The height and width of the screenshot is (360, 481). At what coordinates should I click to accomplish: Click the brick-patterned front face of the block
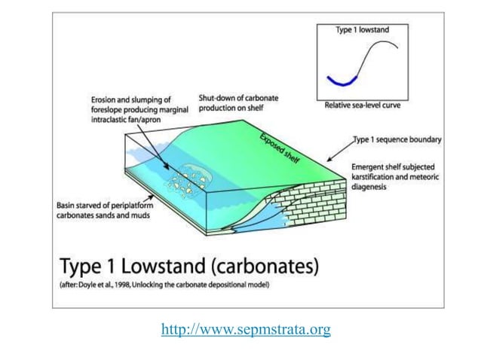317,196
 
